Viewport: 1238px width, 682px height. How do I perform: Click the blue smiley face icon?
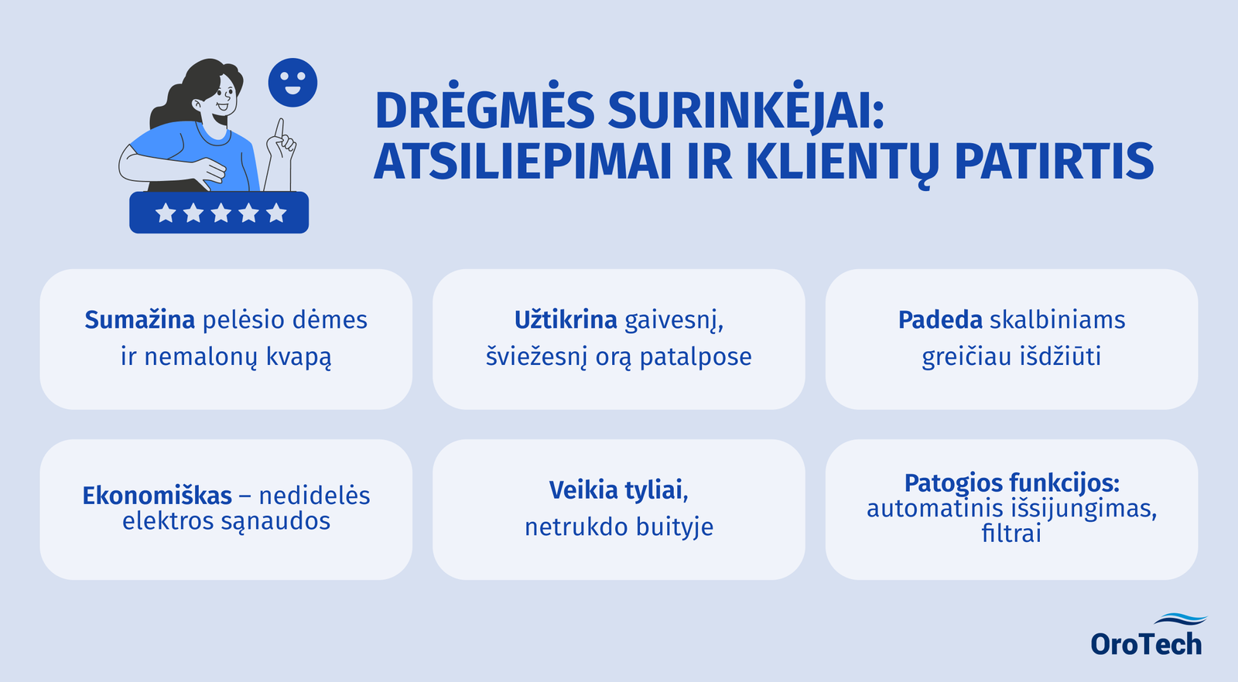click(x=292, y=83)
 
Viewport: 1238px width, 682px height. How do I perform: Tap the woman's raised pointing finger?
click(x=280, y=128)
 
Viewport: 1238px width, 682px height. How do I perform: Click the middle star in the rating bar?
click(x=221, y=213)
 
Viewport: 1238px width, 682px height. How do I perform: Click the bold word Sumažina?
click(x=140, y=320)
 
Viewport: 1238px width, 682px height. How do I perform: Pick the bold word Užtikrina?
click(x=566, y=320)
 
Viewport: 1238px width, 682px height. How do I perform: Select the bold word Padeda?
click(x=940, y=320)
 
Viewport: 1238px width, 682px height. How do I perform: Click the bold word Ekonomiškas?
click(x=157, y=496)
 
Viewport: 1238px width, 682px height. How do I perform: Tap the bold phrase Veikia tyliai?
click(x=618, y=490)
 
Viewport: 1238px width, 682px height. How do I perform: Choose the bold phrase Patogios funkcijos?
click(x=1011, y=483)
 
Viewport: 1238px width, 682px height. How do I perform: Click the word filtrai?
click(x=1011, y=534)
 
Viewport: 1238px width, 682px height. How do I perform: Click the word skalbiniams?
click(x=1058, y=320)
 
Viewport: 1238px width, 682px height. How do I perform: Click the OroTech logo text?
click(x=1146, y=644)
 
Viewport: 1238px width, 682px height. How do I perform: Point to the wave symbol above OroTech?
click(x=1179, y=619)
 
